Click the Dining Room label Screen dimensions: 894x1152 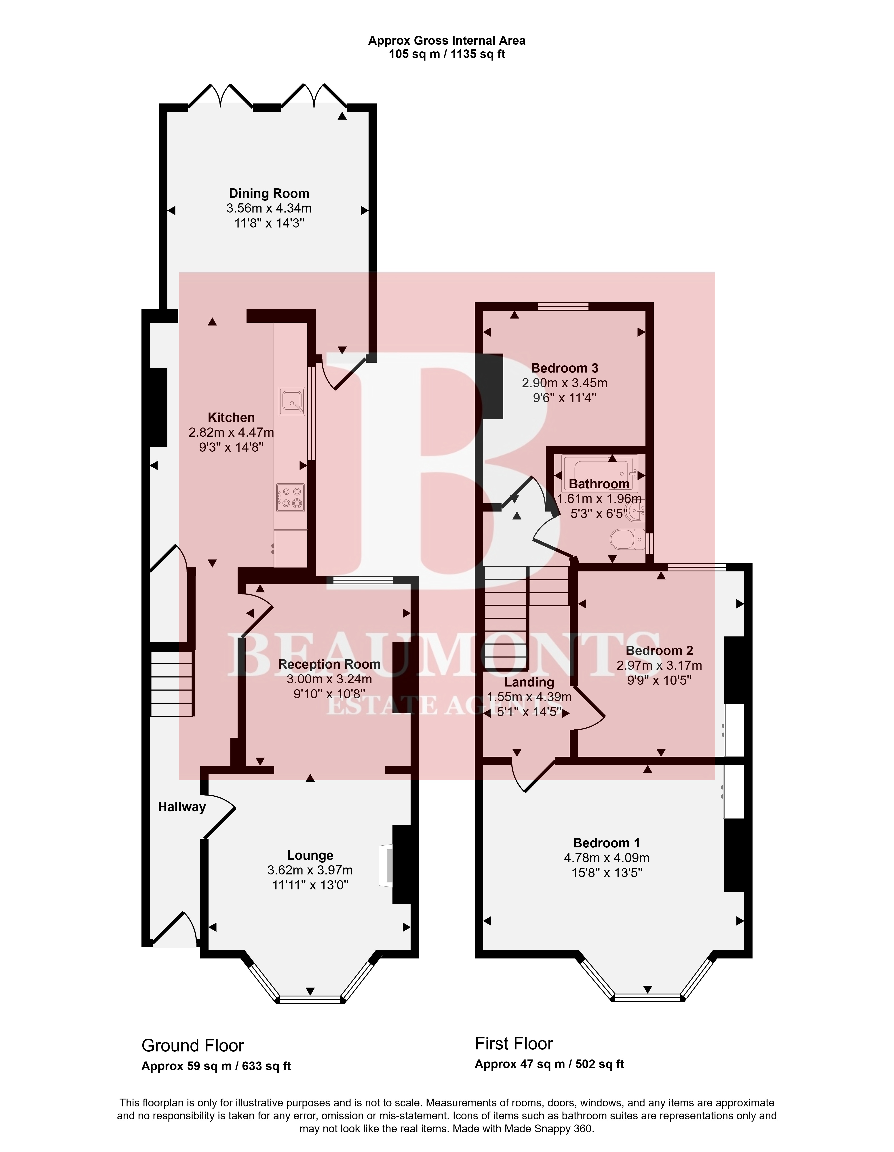pos(269,194)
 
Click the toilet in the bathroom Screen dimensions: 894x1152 pos(627,540)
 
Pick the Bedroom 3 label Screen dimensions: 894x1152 pos(564,368)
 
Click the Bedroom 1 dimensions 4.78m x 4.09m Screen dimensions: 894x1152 pos(607,858)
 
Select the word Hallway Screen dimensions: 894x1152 pos(182,807)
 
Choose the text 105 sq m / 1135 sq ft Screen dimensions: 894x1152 pos(447,54)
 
